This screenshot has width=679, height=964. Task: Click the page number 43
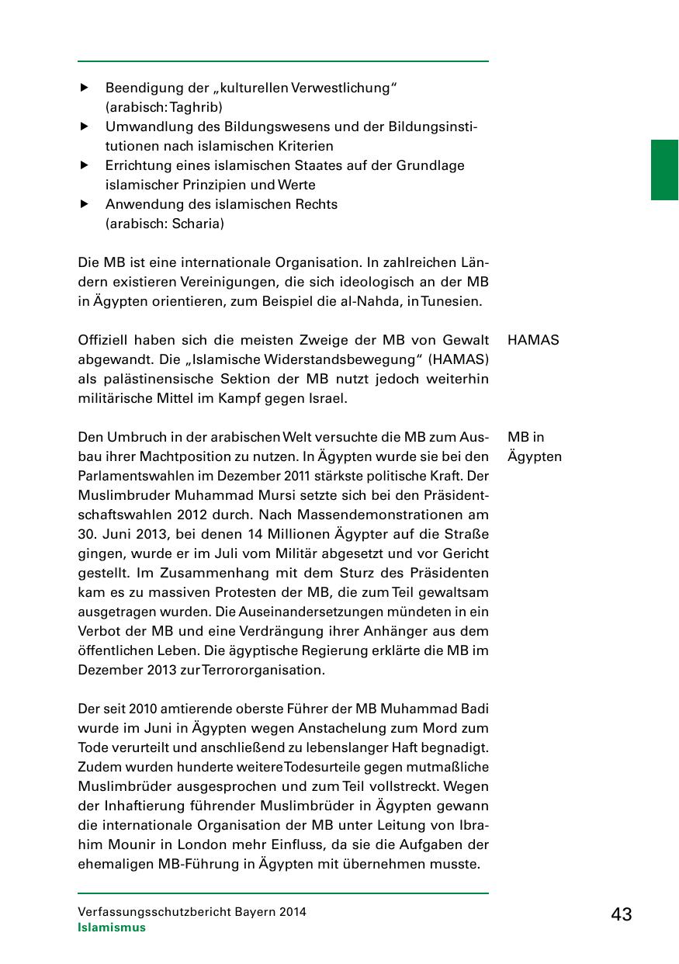621,914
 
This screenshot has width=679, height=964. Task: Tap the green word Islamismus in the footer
112,928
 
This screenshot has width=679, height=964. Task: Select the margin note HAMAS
533,340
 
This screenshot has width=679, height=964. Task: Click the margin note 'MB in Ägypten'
534,446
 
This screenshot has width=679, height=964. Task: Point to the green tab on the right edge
664,170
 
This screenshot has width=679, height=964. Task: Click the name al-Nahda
385,301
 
